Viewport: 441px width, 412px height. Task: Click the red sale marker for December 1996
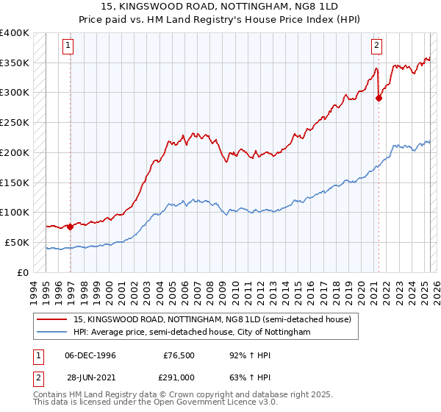pos(71,227)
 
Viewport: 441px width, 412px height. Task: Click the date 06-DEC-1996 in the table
pos(90,355)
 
